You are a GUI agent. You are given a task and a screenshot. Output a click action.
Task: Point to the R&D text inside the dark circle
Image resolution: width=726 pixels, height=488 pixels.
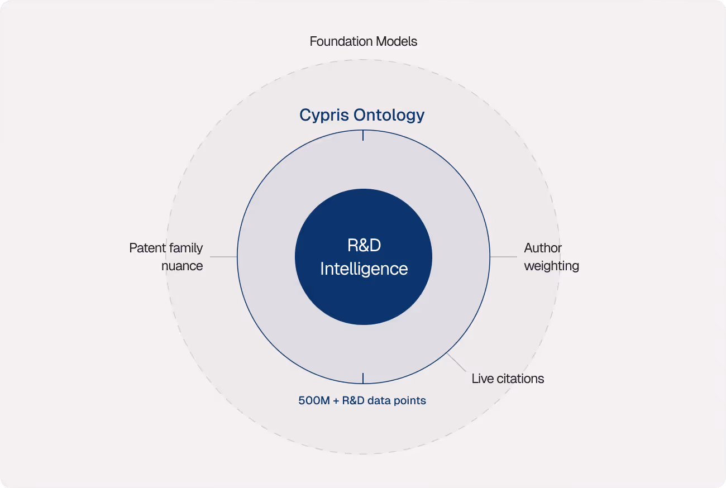pyautogui.click(x=364, y=246)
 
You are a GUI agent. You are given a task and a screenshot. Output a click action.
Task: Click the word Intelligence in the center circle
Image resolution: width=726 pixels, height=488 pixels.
pyautogui.click(x=364, y=269)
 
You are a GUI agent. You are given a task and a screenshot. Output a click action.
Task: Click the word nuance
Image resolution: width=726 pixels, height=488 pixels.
pyautogui.click(x=182, y=266)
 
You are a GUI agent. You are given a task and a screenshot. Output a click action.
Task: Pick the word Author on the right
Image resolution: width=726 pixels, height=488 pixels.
pyautogui.click(x=543, y=248)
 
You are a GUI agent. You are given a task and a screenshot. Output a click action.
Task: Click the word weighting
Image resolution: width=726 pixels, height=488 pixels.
pyautogui.click(x=551, y=266)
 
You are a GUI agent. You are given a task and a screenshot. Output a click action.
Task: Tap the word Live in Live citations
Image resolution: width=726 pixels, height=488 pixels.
pyautogui.click(x=483, y=379)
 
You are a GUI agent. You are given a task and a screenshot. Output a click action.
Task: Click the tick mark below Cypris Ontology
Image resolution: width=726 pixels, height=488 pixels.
pyautogui.click(x=363, y=135)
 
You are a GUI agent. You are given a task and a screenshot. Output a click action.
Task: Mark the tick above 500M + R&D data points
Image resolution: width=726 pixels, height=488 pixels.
pyautogui.click(x=363, y=378)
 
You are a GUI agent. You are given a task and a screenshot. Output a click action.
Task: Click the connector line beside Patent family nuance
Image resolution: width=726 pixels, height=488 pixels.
pyautogui.click(x=223, y=257)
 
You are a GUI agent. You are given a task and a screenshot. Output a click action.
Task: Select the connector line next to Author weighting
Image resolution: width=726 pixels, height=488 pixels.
pyautogui.click(x=504, y=257)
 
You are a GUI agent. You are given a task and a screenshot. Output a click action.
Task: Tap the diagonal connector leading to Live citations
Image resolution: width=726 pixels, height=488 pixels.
pyautogui.click(x=457, y=362)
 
